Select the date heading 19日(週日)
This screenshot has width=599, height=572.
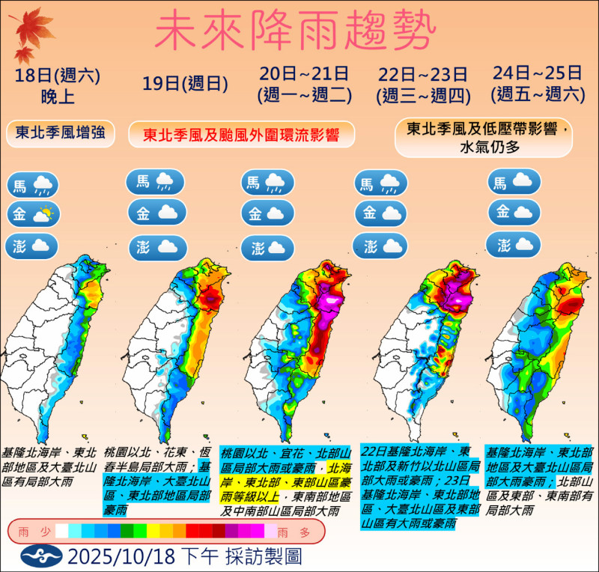click(175, 84)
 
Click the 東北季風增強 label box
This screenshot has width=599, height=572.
click(60, 134)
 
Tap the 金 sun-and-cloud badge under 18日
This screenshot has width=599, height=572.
click(34, 215)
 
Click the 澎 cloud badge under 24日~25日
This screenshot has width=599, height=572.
click(513, 244)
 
